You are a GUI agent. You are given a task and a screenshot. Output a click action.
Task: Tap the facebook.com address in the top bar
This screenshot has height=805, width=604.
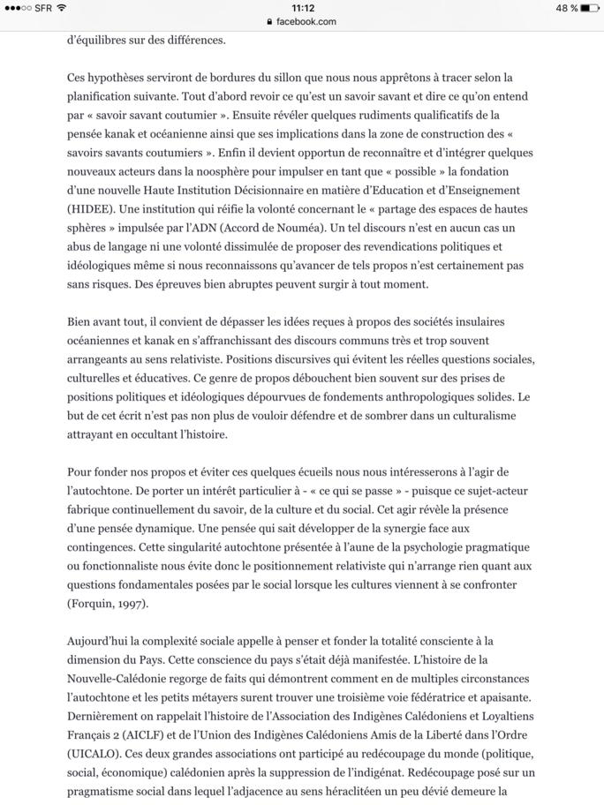306,21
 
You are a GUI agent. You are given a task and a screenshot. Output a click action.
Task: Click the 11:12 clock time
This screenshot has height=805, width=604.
302,8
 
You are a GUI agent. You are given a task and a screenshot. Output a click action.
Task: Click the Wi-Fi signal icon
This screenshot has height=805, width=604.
62,8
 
